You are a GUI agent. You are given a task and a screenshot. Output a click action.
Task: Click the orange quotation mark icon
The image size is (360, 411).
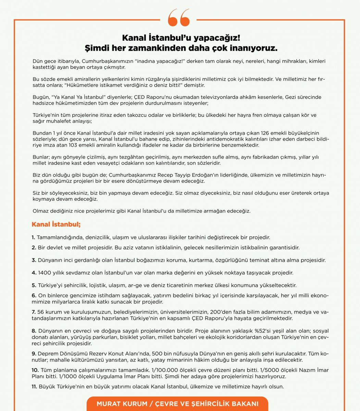(x=179, y=18)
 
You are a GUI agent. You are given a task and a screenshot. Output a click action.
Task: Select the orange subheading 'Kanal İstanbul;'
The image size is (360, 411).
(x=56, y=225)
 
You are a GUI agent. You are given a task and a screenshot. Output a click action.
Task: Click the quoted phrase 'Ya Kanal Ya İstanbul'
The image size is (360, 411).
(x=78, y=97)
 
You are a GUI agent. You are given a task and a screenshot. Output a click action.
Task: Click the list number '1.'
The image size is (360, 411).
(x=34, y=237)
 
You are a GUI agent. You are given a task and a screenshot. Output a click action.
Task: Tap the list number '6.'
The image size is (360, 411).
(x=34, y=296)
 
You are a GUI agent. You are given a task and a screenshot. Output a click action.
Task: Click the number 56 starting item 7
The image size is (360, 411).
(x=41, y=312)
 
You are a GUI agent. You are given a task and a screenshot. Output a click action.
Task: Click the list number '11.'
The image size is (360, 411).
(x=35, y=387)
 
